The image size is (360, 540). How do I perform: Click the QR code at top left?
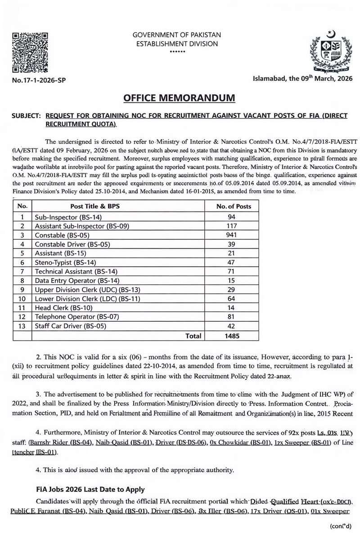pyautogui.click(x=30, y=53)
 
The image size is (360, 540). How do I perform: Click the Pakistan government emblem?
pyautogui.click(x=328, y=51)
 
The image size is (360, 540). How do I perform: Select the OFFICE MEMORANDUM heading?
pyautogui.click(x=180, y=98)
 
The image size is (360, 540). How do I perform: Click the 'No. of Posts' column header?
pyautogui.click(x=234, y=207)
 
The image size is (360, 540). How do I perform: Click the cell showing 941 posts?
pyautogui.click(x=234, y=235)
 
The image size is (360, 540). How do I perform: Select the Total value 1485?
pyautogui.click(x=234, y=335)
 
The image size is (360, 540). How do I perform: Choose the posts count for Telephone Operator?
pyautogui.click(x=234, y=317)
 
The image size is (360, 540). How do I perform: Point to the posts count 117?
pyautogui.click(x=234, y=226)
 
